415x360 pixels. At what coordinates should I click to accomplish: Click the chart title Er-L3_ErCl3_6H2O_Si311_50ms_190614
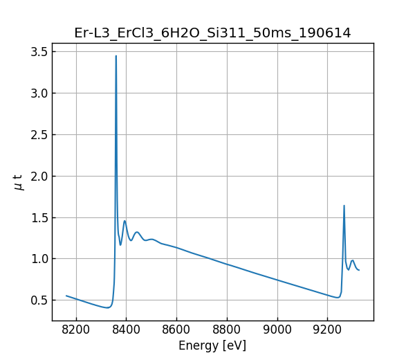point(212,33)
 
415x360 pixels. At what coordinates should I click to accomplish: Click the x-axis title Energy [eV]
point(212,345)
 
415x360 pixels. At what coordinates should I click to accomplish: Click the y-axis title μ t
point(19,182)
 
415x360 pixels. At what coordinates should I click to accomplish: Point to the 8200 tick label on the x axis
point(76,330)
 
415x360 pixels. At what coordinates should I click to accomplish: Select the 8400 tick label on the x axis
point(127,330)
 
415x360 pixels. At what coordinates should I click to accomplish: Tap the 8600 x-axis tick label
point(176,330)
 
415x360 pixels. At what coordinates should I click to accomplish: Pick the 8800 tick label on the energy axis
point(227,330)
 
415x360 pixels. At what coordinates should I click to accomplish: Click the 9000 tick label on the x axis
point(277,330)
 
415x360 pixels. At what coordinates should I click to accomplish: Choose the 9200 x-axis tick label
point(328,330)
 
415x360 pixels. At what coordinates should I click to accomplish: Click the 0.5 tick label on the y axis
point(39,300)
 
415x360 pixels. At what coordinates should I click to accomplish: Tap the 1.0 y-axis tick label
point(39,259)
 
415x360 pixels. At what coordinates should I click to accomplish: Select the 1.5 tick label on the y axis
point(39,217)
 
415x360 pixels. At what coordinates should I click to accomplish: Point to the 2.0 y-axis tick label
point(39,176)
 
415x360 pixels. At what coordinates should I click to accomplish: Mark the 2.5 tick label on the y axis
point(39,134)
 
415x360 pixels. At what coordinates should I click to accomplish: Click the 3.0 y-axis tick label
point(39,93)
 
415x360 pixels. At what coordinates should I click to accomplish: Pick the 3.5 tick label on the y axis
point(39,52)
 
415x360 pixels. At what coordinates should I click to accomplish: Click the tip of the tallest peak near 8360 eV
point(116,56)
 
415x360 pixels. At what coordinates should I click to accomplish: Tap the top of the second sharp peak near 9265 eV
point(344,206)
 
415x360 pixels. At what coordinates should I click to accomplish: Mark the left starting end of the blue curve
point(66,296)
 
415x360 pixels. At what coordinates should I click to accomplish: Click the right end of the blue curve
point(359,270)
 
